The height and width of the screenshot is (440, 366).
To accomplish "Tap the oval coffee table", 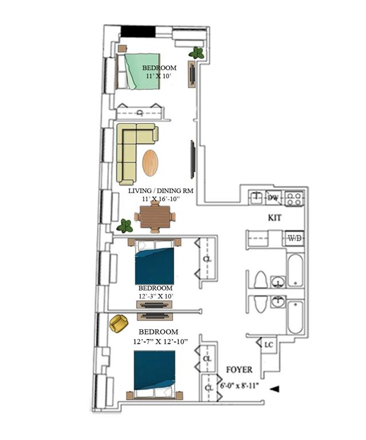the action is tap(150, 163).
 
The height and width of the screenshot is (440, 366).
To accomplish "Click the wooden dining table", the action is tap(155, 217).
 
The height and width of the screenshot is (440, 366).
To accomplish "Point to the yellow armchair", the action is tap(119, 323).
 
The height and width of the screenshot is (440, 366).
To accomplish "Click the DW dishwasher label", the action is tap(272, 198).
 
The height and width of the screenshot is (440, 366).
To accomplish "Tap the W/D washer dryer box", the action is tap(295, 238).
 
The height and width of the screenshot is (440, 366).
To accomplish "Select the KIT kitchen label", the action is tap(274, 218).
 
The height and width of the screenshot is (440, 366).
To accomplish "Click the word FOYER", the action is tap(239, 370).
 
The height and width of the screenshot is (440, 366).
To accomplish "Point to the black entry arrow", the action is tap(274, 389).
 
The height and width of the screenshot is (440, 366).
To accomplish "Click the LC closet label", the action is tap(269, 344).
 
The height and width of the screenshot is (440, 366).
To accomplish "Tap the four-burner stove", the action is tap(294, 198).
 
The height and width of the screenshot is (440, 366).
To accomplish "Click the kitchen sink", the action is tap(256, 197).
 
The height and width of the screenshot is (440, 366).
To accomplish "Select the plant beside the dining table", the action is tap(125, 226).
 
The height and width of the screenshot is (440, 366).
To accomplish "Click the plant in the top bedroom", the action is tap(196, 53).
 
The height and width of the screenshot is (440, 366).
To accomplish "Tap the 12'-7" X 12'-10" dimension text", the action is tap(160, 341).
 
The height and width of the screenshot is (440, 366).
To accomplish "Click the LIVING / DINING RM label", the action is tap(161, 191).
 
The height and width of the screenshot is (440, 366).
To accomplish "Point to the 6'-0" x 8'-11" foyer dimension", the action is tap(239, 386).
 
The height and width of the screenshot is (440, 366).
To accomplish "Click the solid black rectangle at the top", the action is tap(138, 32).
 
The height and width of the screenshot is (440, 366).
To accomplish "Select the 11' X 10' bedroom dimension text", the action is tap(159, 76).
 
